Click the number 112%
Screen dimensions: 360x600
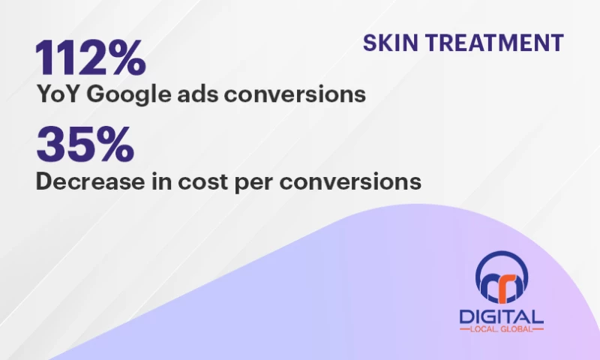tap(90, 58)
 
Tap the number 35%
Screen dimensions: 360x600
tap(85, 144)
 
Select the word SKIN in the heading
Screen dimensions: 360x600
tap(385, 43)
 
